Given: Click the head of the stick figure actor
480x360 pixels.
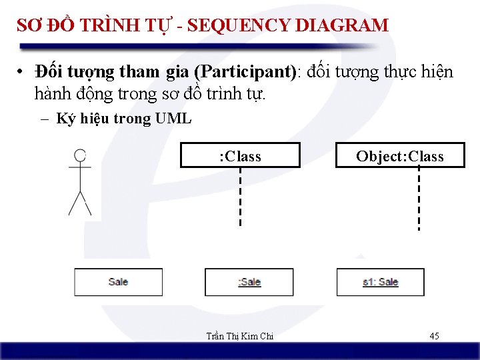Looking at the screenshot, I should tap(80, 156).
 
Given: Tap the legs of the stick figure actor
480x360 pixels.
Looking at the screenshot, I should tap(80, 203).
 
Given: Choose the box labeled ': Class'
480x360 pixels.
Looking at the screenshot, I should tap(240, 155).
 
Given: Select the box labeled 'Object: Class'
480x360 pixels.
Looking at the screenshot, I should tap(399, 156).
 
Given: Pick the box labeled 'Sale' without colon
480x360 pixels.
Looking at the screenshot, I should tap(118, 282).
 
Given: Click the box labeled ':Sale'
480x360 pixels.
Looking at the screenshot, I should tap(249, 282).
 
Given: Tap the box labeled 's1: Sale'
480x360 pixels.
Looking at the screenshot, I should tap(380, 282).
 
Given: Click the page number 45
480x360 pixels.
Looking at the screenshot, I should tap(434, 336).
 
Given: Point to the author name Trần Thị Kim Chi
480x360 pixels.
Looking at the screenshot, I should tap(239, 337).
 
